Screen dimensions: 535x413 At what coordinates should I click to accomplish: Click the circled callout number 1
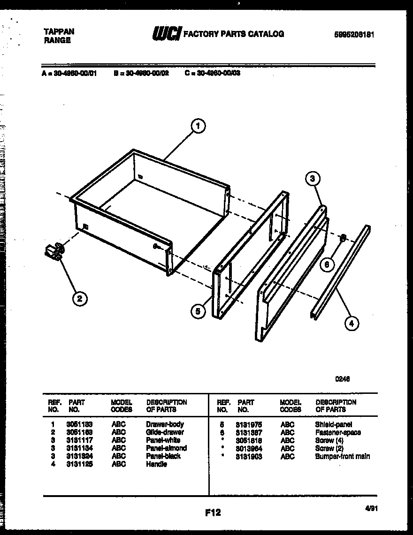pyautogui.click(x=199, y=126)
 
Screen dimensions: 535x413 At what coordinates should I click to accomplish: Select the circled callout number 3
pyautogui.click(x=313, y=179)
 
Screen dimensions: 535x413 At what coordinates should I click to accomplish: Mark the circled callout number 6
pyautogui.click(x=328, y=264)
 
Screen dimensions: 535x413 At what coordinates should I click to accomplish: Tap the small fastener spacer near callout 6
pyautogui.click(x=343, y=238)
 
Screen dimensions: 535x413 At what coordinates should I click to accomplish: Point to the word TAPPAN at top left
pyautogui.click(x=59, y=31)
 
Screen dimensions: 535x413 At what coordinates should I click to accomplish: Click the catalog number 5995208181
pyautogui.click(x=354, y=34)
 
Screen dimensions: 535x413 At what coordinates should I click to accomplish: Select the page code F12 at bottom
pyautogui.click(x=213, y=512)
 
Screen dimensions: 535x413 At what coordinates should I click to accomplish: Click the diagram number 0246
pyautogui.click(x=342, y=379)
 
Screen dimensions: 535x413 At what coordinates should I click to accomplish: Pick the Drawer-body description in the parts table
pyautogui.click(x=164, y=424)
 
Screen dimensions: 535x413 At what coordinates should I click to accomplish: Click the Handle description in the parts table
pyautogui.click(x=156, y=464)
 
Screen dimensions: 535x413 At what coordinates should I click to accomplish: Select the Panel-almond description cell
pyautogui.click(x=166, y=448)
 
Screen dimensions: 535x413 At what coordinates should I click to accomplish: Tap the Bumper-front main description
pyautogui.click(x=342, y=456)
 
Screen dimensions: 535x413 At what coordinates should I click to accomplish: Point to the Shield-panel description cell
pyautogui.click(x=333, y=424)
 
